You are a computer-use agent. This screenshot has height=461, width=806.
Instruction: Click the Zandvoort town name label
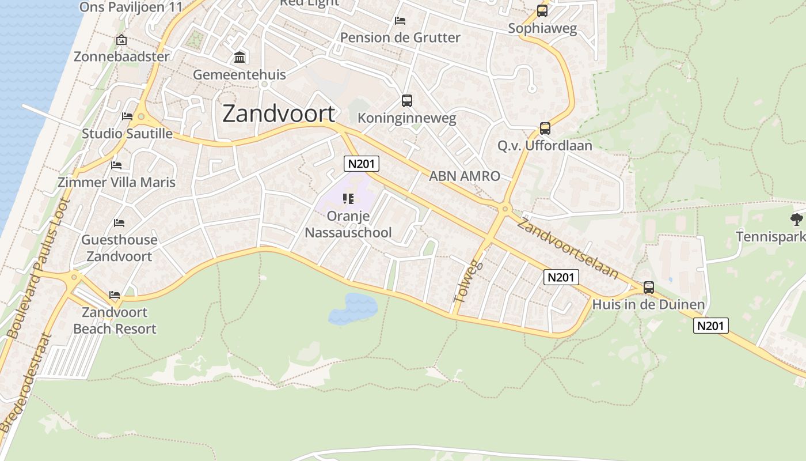(279, 114)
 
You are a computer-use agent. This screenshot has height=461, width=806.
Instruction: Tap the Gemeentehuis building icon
(239, 58)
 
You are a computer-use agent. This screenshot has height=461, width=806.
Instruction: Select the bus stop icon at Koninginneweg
(407, 101)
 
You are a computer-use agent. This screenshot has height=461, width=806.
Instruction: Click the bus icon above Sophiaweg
(542, 10)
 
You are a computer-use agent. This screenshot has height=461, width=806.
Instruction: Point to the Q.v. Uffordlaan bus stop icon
(545, 129)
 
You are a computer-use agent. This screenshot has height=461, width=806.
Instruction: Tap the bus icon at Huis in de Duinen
(649, 287)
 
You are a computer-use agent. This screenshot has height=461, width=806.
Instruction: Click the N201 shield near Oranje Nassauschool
(362, 164)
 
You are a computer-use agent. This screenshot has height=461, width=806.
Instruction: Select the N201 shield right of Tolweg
(561, 277)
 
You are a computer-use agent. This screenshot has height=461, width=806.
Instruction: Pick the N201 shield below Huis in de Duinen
(710, 326)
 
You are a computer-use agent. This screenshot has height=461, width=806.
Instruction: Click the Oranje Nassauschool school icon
(348, 199)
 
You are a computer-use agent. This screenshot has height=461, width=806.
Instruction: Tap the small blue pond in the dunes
(352, 307)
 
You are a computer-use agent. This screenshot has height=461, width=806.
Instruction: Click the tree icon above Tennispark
(797, 219)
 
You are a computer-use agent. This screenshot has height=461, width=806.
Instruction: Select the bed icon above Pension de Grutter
(400, 21)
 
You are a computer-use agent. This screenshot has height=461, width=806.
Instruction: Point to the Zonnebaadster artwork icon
(121, 40)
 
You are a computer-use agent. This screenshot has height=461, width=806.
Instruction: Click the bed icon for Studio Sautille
(127, 116)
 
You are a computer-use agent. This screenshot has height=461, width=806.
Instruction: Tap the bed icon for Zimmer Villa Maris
(116, 165)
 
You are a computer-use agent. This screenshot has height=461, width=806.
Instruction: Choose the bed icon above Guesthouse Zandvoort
(119, 222)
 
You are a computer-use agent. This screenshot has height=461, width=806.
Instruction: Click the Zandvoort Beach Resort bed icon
(115, 295)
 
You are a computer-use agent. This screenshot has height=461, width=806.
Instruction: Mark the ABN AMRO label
(464, 176)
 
